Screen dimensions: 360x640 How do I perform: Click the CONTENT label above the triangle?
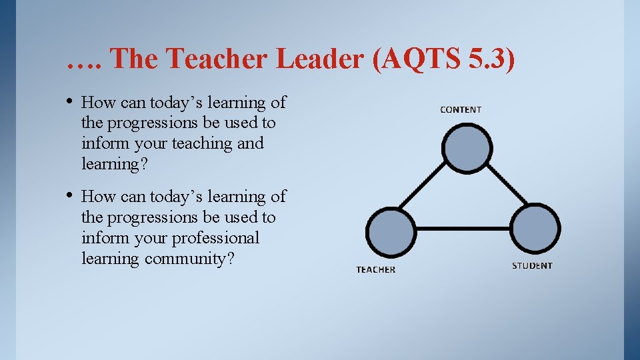click(460, 109)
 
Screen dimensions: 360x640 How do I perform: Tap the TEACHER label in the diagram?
click(375, 270)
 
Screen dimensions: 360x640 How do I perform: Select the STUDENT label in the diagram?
click(532, 265)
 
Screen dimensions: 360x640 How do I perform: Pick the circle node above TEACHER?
click(392, 231)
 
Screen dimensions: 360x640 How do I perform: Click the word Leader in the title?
click(320, 59)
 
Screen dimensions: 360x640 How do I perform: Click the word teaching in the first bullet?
click(198, 143)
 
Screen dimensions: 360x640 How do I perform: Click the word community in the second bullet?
click(189, 259)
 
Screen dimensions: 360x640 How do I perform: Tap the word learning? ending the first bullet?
click(114, 164)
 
